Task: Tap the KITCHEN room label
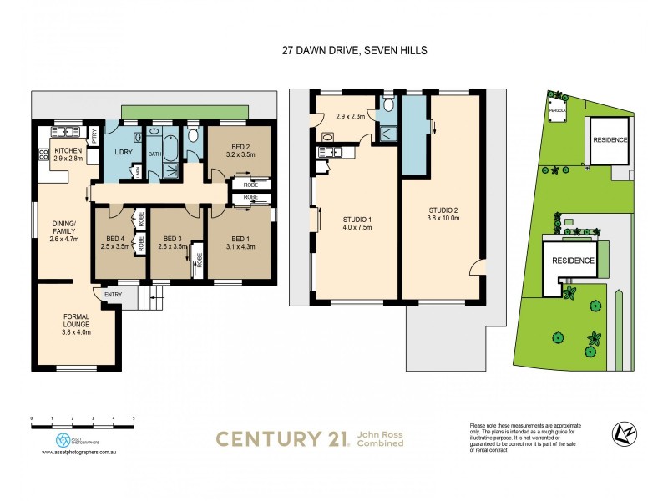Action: pos(69,151)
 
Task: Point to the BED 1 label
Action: pos(240,239)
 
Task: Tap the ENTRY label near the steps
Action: pos(113,294)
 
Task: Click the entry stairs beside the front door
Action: pos(148,296)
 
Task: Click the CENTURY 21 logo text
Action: pos(282,438)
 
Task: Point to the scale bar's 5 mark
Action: pos(134,417)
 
